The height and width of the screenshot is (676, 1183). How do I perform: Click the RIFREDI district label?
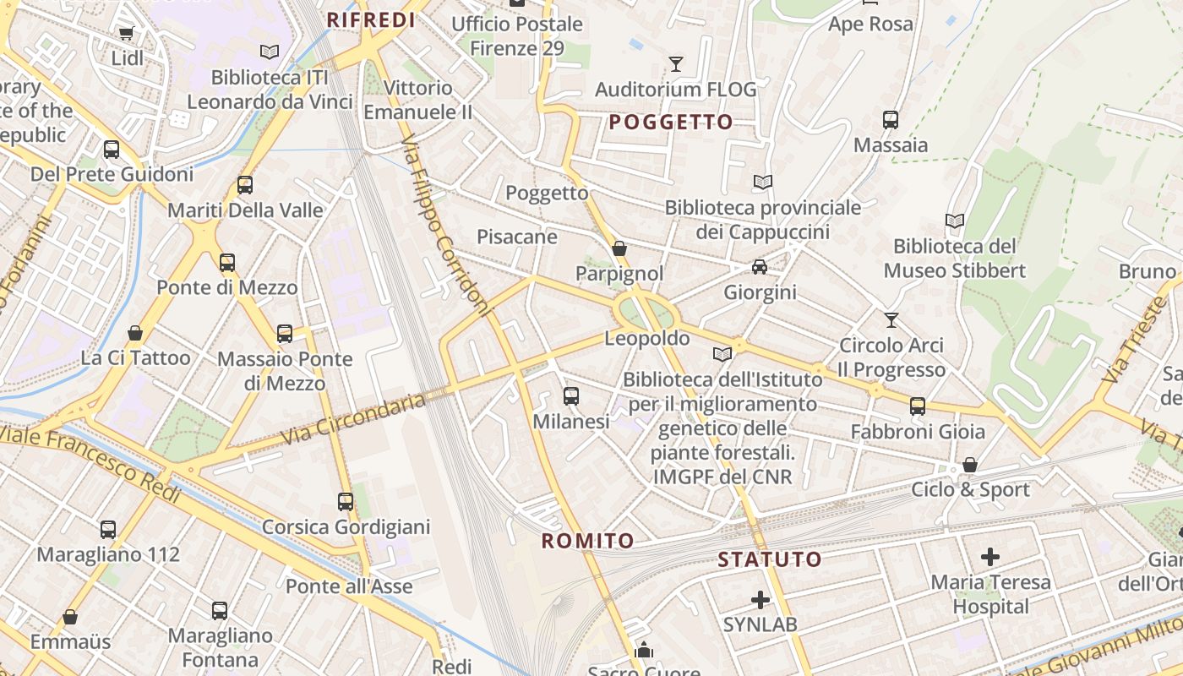[371, 20]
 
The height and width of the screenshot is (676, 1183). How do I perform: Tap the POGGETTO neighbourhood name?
[671, 123]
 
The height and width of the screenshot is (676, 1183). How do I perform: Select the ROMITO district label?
[587, 541]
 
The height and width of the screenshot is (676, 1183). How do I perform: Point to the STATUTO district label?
[769, 559]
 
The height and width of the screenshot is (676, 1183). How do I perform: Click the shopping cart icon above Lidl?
[127, 34]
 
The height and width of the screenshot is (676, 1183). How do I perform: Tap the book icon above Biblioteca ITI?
[270, 52]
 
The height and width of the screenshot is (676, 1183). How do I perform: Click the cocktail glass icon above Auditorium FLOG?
[675, 64]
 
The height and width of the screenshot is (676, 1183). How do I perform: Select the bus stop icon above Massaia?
[891, 120]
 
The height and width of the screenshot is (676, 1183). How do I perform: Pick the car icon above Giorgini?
[760, 267]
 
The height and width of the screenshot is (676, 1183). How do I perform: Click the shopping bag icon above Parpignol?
[619, 248]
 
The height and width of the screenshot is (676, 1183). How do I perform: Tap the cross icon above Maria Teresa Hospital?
[990, 557]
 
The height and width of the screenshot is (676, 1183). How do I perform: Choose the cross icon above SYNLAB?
[760, 600]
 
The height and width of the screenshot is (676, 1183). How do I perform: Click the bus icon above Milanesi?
[571, 395]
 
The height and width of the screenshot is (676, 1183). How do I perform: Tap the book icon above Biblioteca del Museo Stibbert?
[955, 221]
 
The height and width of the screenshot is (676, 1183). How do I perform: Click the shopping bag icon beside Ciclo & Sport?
[970, 465]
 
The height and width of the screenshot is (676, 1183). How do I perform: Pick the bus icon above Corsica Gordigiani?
[346, 502]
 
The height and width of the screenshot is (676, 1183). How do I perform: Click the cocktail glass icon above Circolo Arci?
[891, 319]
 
